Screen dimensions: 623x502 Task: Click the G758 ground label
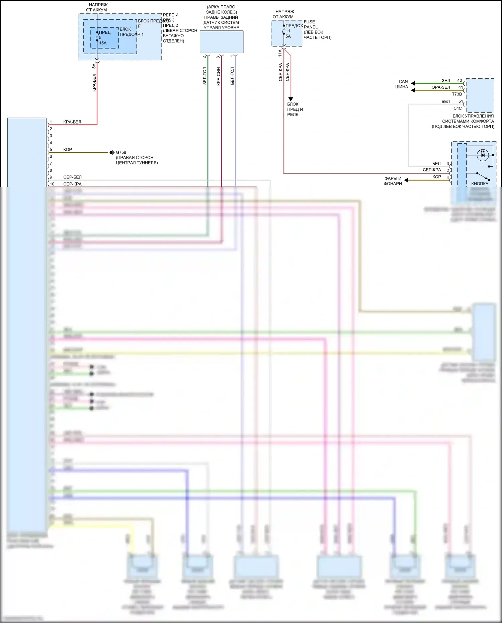(121, 152)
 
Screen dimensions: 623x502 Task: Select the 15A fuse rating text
(103, 43)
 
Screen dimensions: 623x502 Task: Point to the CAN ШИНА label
(402, 84)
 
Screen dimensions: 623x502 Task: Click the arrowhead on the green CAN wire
(413, 83)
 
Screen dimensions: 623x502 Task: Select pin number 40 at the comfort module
(459, 81)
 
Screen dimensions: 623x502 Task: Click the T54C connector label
(456, 108)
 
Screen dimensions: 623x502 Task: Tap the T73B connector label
(457, 94)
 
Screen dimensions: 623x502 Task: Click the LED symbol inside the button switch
(483, 155)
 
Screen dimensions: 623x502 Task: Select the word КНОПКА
(480, 184)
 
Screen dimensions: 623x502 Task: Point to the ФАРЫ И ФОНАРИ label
(393, 181)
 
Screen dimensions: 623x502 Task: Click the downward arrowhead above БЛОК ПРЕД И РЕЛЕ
(290, 99)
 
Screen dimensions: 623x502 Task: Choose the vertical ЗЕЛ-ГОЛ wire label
(205, 76)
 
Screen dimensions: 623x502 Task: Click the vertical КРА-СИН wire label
(219, 76)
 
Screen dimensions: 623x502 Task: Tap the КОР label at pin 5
(68, 150)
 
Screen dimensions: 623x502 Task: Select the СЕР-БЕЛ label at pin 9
(72, 177)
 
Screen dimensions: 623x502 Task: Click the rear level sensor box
(222, 42)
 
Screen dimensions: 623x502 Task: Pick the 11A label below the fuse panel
(280, 53)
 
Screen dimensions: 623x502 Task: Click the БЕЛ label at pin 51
(445, 101)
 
